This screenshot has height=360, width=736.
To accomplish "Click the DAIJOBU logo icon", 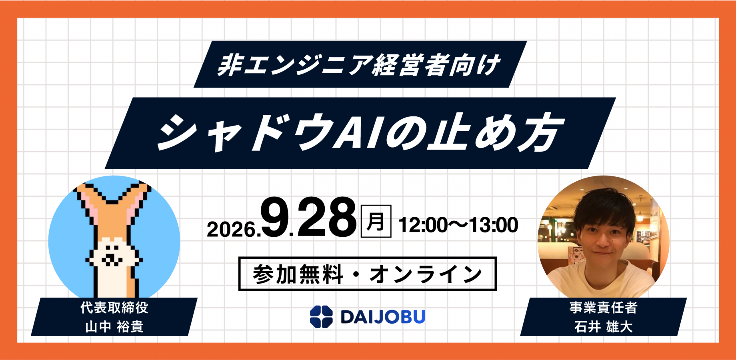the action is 321,317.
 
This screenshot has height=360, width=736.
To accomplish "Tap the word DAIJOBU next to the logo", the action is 383,317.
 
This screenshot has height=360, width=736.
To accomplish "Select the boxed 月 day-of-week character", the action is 376,221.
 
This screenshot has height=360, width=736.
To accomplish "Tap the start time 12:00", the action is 423,225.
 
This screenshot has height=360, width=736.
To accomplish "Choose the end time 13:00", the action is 494,225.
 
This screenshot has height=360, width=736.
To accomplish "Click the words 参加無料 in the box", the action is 298,274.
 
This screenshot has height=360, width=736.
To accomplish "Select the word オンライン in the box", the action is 426,274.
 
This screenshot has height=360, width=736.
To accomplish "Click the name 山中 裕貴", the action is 114,327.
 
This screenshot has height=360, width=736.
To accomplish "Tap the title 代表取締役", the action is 114,308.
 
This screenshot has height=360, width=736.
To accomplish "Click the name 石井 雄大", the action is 604,327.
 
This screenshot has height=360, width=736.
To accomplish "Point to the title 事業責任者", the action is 604,308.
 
